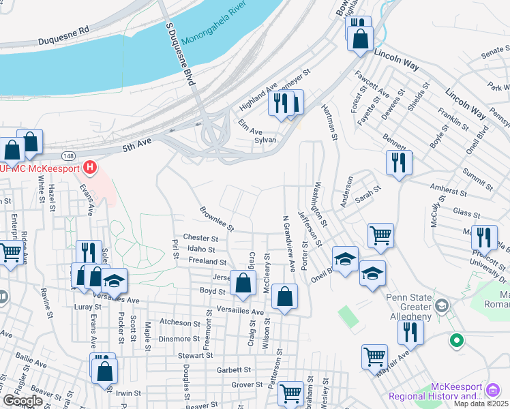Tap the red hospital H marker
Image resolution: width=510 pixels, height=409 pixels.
tap(89, 167)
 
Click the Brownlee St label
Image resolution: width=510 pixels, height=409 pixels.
tap(217, 217)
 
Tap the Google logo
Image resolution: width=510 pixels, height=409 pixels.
tap(22, 401)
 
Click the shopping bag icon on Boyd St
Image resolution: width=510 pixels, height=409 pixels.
tap(243, 283)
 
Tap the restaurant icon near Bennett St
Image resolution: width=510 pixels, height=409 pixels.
tap(399, 162)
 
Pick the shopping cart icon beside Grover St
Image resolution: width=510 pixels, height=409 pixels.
tap(290, 393)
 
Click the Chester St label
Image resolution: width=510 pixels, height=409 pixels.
tap(200, 239)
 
